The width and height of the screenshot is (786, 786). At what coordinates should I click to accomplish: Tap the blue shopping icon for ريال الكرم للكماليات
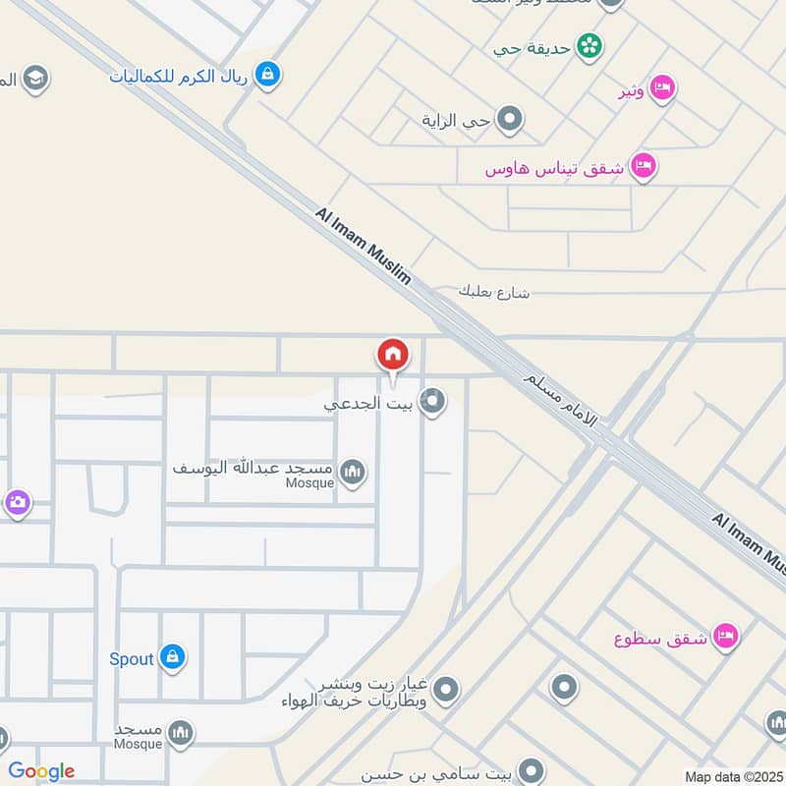click(267, 73)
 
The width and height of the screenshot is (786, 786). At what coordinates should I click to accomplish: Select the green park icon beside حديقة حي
click(589, 45)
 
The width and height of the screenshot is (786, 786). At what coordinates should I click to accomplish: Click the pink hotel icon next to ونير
click(663, 88)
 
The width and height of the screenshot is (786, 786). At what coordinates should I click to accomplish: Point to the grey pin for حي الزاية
click(509, 120)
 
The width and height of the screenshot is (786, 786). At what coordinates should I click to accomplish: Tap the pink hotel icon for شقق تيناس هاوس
click(645, 166)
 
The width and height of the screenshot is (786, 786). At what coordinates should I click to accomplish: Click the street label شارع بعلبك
click(494, 292)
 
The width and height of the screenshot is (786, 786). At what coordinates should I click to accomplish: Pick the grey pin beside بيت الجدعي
click(432, 401)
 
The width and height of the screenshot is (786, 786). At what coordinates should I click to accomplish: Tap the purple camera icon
click(17, 504)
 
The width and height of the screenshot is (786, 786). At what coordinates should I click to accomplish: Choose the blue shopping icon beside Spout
click(173, 657)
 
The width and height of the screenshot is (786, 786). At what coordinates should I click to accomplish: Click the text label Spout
click(132, 658)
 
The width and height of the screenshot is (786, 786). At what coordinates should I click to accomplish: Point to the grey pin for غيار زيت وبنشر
click(446, 690)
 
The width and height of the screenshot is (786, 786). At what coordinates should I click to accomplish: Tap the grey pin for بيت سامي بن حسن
click(532, 769)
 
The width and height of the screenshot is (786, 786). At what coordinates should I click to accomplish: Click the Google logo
click(41, 771)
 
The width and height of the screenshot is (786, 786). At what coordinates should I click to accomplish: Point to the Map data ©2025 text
click(733, 776)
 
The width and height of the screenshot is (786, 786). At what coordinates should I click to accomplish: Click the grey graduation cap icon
click(36, 79)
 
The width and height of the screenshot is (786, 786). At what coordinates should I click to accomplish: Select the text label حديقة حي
click(535, 45)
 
